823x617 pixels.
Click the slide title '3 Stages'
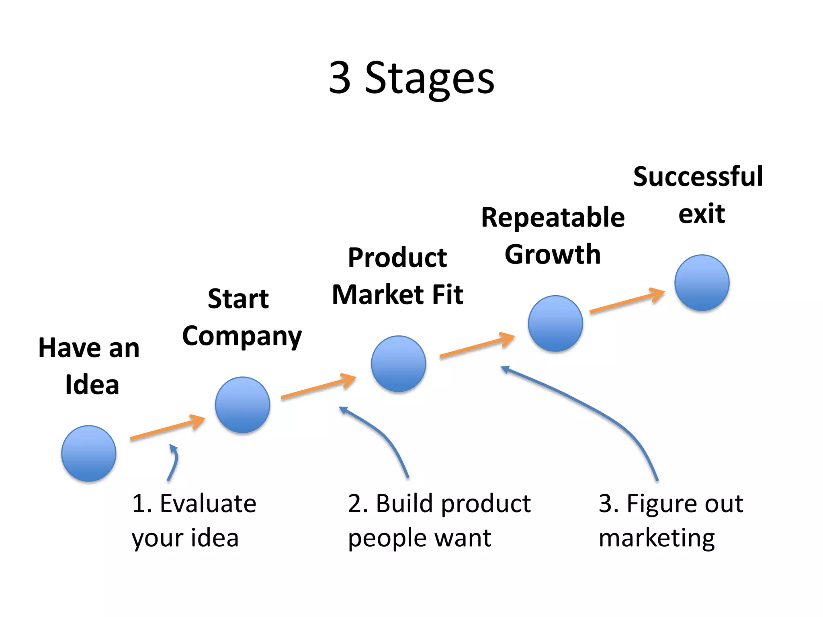click(x=411, y=78)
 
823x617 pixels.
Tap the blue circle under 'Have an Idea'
click(x=89, y=453)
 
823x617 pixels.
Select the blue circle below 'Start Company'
click(x=242, y=405)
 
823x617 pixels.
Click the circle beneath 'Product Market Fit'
click(x=398, y=364)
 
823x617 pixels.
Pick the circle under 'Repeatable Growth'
click(x=555, y=323)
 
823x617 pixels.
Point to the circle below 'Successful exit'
click(x=702, y=282)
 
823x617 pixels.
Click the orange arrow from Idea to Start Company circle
click(x=167, y=428)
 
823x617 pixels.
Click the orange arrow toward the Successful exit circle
click(x=626, y=301)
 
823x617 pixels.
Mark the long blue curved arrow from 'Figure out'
click(x=595, y=410)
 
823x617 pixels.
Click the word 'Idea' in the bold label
click(x=92, y=385)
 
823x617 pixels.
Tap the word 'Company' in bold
click(x=242, y=336)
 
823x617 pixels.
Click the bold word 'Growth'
click(x=553, y=255)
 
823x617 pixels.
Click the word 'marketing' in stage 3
click(x=657, y=538)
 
